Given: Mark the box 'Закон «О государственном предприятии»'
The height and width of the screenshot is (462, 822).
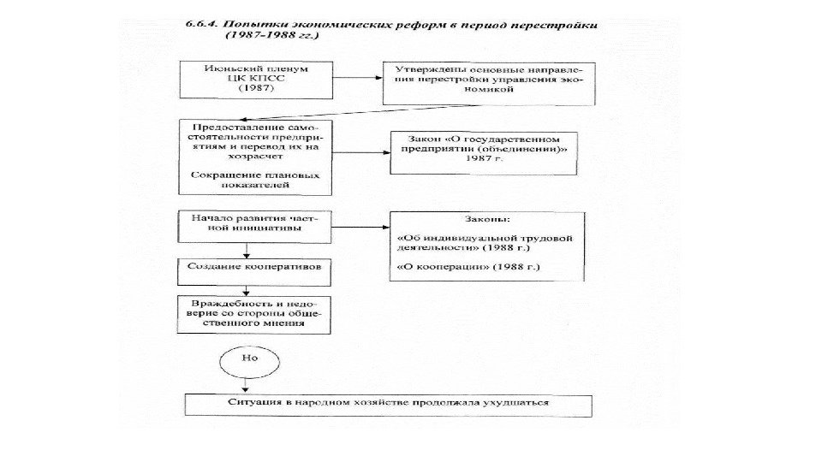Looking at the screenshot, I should pyautogui.click(x=482, y=153).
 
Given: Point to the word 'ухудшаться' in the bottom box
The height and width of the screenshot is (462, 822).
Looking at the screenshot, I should pyautogui.click(x=521, y=402).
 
